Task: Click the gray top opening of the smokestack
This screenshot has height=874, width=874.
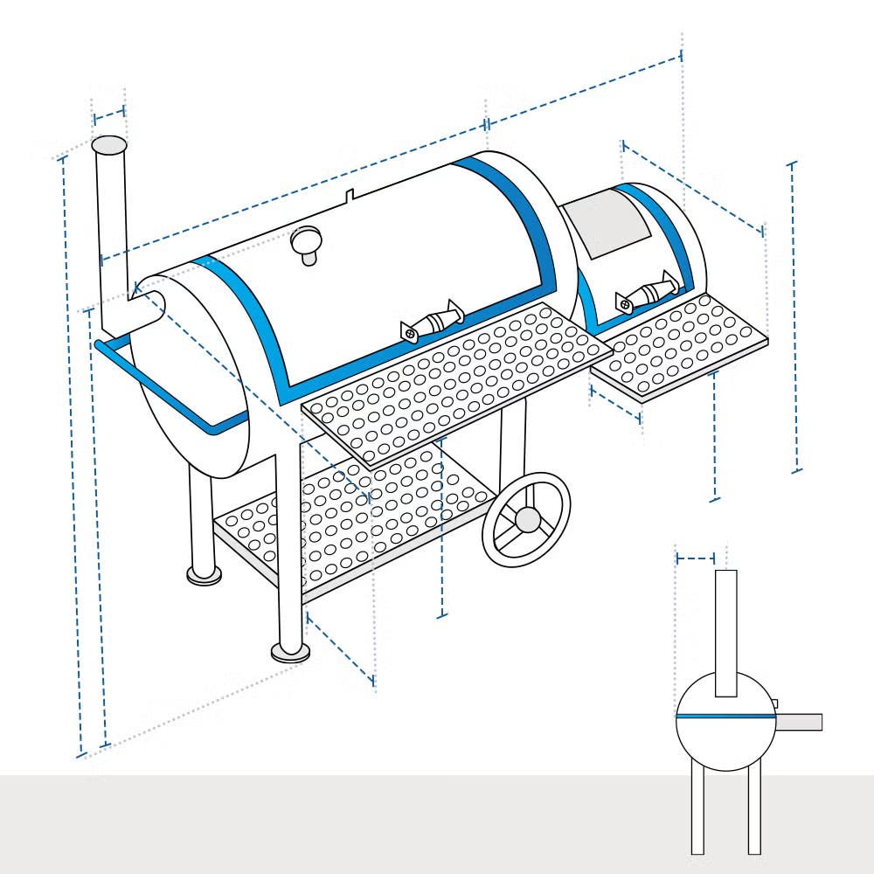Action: tap(109, 145)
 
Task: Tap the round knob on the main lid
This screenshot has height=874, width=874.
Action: tap(307, 239)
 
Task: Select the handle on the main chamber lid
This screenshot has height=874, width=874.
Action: tap(432, 321)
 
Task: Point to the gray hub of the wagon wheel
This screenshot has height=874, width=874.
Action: tap(527, 519)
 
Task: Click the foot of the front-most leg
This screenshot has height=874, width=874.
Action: tap(289, 650)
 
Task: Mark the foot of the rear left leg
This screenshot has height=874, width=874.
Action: tap(204, 573)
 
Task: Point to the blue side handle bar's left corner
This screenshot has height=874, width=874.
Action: tap(99, 346)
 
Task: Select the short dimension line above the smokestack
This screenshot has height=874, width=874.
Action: tap(109, 114)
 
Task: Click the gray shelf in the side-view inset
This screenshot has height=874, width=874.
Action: tap(799, 722)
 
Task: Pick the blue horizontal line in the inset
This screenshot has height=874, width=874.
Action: tap(725, 716)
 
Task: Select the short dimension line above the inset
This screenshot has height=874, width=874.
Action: tap(696, 558)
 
